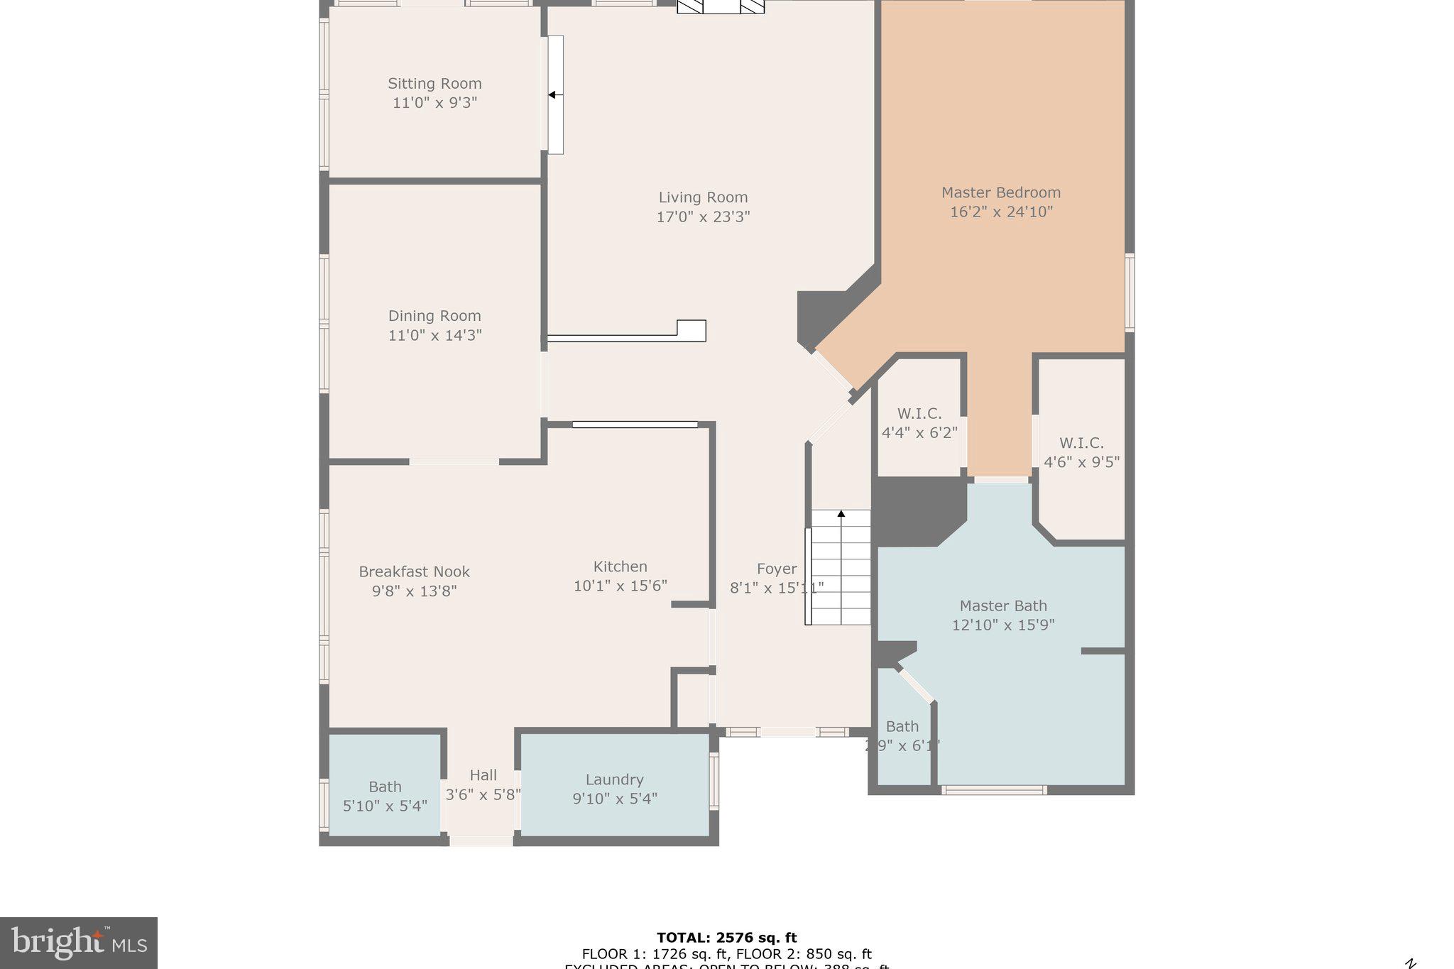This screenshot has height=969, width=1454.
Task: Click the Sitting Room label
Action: [x=434, y=84]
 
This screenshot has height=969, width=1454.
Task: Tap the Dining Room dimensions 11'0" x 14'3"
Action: [x=434, y=335]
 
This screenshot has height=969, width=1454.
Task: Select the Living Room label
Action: [x=703, y=197]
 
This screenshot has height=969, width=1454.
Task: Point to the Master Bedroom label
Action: [x=1000, y=192]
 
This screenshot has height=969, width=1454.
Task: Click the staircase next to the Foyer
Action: [x=841, y=568]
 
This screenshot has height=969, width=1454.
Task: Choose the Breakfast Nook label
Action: [x=414, y=571]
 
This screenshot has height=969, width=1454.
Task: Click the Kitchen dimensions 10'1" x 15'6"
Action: [x=620, y=586]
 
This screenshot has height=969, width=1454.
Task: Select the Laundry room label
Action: [x=614, y=779]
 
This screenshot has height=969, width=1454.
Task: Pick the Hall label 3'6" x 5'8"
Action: [x=483, y=785]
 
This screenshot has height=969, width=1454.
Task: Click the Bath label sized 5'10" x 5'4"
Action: [x=385, y=796]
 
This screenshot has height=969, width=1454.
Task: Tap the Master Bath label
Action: [x=1002, y=606]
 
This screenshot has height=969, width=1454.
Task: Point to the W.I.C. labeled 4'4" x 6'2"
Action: [x=919, y=422]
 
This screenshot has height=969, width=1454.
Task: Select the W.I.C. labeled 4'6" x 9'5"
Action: [x=1081, y=452]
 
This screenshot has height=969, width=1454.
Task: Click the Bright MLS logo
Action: [x=79, y=943]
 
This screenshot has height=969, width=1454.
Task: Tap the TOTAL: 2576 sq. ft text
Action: [x=726, y=938]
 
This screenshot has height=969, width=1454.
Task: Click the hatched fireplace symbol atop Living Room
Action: [x=721, y=6]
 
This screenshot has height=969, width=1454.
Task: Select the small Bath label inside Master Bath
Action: [x=902, y=726]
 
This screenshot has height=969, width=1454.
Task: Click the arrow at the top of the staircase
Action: [x=841, y=513]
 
